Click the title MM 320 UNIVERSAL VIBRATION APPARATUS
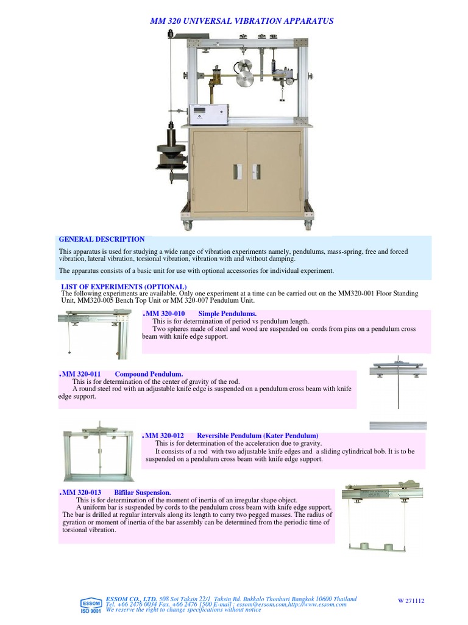[242, 21]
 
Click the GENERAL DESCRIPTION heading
[101, 239]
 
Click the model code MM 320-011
[81, 374]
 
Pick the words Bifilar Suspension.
[143, 492]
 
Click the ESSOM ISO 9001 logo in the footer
[91, 605]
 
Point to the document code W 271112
[411, 601]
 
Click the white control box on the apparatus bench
[209, 113]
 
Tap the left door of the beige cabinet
[221, 172]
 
